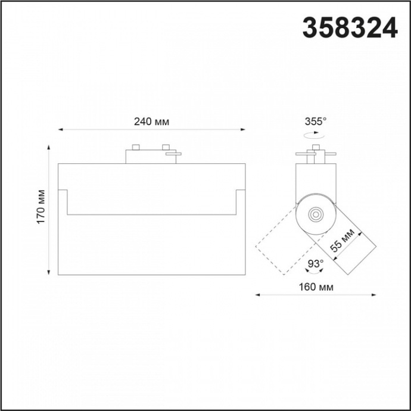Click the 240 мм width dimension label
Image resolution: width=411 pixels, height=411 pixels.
(x=151, y=122)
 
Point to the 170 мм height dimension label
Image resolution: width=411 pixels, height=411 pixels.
(x=41, y=207)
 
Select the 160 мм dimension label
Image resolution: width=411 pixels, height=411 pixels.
(x=316, y=287)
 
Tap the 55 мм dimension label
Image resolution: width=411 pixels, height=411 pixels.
(x=344, y=242)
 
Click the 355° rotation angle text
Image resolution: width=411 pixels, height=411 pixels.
(x=316, y=121)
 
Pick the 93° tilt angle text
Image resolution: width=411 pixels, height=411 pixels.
(x=315, y=263)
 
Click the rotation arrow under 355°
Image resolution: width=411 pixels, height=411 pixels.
(x=314, y=136)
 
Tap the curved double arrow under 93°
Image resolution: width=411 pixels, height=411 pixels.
(x=315, y=273)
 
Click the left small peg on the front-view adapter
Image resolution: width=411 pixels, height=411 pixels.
(x=136, y=147)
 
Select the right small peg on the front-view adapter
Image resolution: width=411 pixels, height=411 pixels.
(x=166, y=147)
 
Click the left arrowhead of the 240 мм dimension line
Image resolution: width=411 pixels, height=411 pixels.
(x=60, y=129)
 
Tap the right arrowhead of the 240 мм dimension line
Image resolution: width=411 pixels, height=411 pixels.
(x=243, y=129)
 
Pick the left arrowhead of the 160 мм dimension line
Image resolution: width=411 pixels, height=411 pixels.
(x=257, y=294)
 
